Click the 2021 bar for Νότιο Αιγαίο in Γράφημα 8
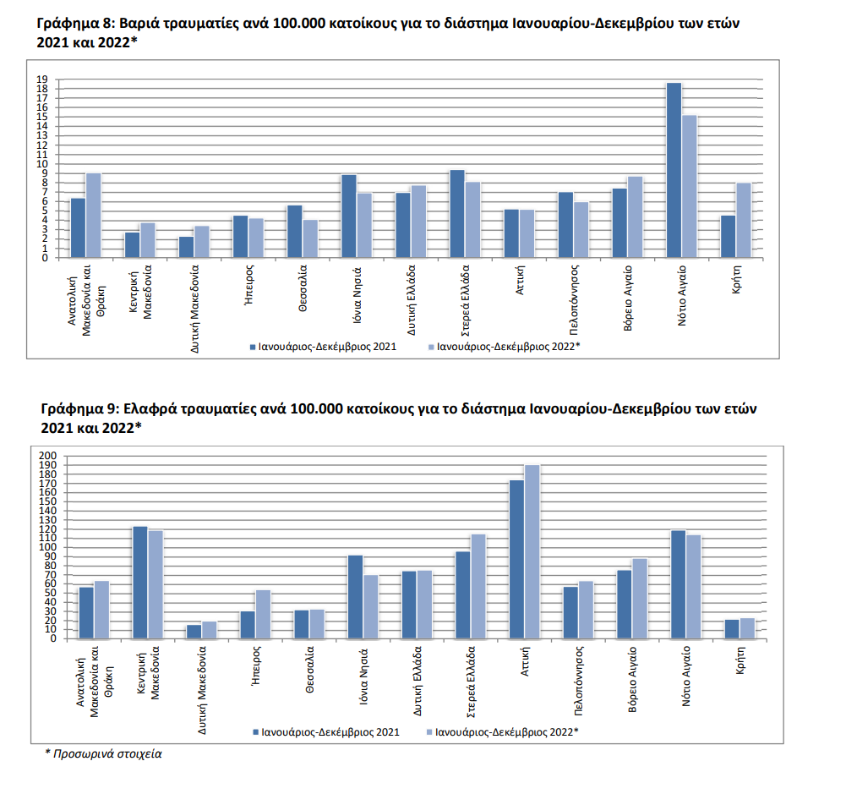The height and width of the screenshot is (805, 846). click(674, 170)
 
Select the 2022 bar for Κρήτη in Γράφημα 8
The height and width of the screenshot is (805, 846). click(743, 220)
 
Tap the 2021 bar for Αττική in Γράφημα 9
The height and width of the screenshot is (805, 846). click(516, 559)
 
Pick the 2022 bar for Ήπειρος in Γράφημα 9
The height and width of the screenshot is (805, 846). click(263, 614)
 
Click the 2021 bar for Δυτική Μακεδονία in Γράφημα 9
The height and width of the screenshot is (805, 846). click(194, 632)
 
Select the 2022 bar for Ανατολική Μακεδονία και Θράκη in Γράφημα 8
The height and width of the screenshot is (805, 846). click(93, 215)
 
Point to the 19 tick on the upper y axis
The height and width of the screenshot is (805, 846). click(41, 79)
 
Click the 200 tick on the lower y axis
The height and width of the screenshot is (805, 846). click(47, 457)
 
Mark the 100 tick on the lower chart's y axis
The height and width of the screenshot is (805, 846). click(47, 548)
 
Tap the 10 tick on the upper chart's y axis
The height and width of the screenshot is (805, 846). click(41, 164)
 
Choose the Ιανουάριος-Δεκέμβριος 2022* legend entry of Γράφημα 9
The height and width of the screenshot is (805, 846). click(505, 732)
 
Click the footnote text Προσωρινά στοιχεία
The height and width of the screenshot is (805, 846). click(106, 753)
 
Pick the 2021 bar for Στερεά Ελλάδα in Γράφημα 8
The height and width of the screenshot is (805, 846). click(457, 214)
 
